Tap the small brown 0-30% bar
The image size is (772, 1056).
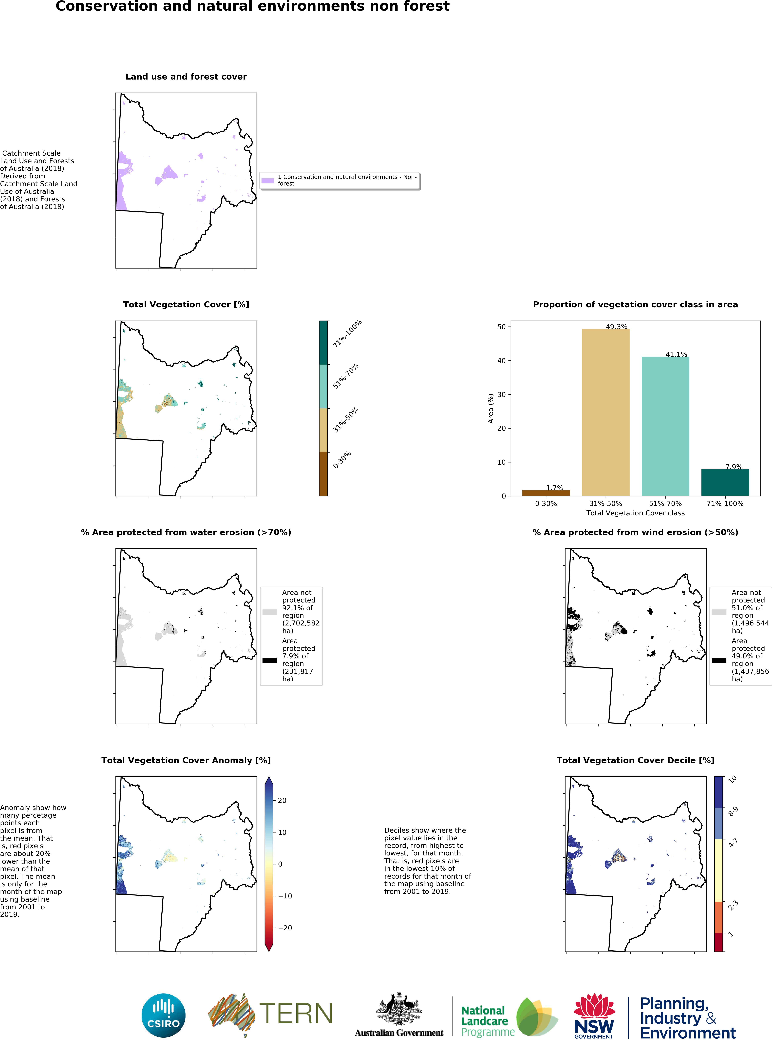tap(546, 493)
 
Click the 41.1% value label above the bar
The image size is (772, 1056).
tap(676, 354)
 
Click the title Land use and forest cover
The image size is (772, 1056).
tap(186, 77)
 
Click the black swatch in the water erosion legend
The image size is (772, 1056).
tap(270, 660)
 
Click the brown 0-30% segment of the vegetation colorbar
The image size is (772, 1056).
tap(323, 474)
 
